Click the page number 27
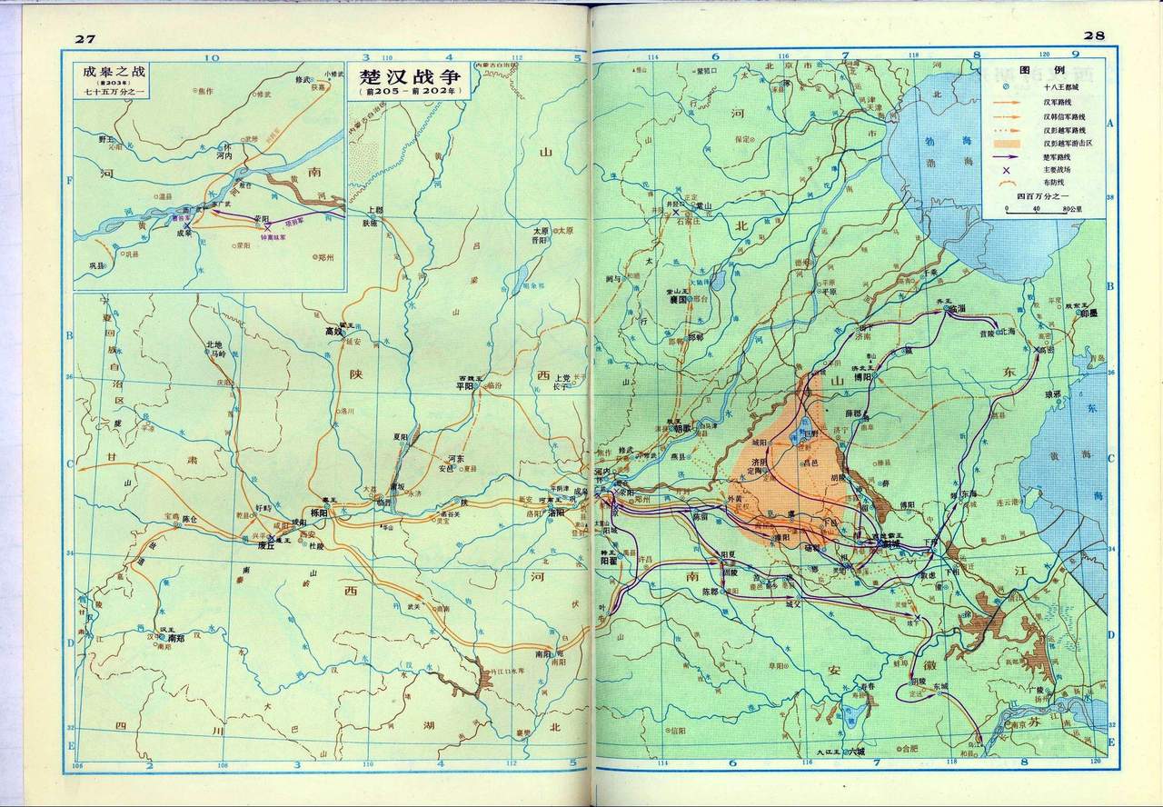[x=86, y=35]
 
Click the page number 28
[x=1093, y=35]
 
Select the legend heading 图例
[x=1029, y=70]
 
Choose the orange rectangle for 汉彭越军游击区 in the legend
[x=1016, y=143]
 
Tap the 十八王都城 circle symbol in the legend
[x=1007, y=86]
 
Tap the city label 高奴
[x=337, y=333]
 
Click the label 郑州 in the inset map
[x=324, y=258]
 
